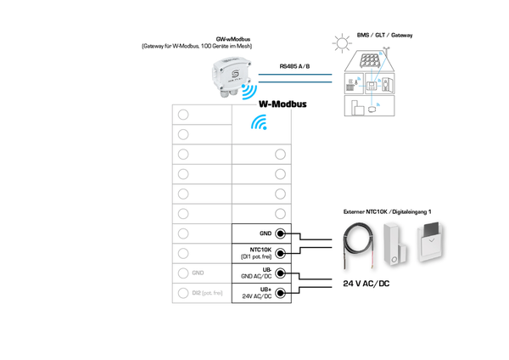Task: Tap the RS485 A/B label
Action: [295, 66]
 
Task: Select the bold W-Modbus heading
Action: [282, 104]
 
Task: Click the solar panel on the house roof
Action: [371, 62]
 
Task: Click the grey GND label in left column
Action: [199, 273]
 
